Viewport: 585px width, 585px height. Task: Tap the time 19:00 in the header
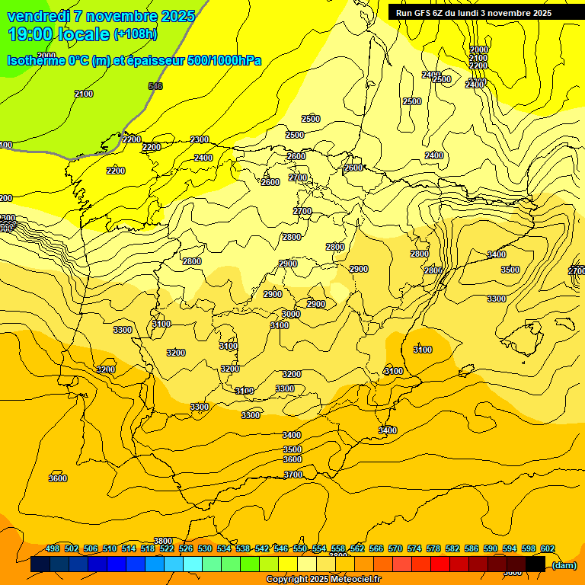pyautogui.click(x=31, y=34)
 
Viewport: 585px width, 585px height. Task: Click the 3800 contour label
pyautogui.click(x=163, y=541)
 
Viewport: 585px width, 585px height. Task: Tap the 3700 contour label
pyautogui.click(x=292, y=475)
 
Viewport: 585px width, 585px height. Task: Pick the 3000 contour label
pyautogui.click(x=290, y=314)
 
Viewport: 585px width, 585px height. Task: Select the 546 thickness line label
pyautogui.click(x=155, y=86)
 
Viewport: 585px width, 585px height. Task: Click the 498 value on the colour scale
pyautogui.click(x=53, y=548)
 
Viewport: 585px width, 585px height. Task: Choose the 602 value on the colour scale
pyautogui.click(x=547, y=548)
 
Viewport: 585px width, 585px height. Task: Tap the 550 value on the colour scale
pyautogui.click(x=299, y=548)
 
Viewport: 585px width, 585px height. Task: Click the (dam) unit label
pyautogui.click(x=564, y=565)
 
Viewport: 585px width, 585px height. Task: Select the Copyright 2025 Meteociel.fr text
pyautogui.click(x=323, y=580)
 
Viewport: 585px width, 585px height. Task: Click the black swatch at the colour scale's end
pyautogui.click(x=535, y=564)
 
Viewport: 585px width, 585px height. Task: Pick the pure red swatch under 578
pyautogui.click(x=440, y=564)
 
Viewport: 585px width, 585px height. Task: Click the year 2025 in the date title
pyautogui.click(x=177, y=16)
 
